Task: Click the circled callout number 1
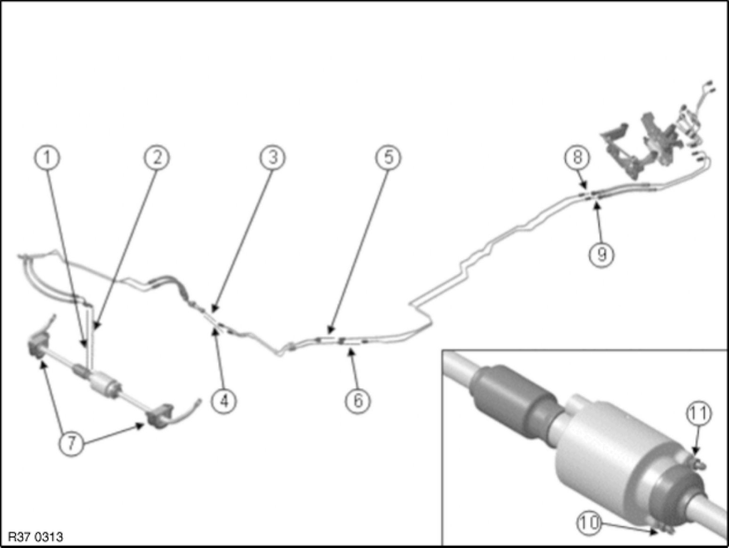[47, 158]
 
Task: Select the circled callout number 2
[157, 158]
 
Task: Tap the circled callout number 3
[272, 158]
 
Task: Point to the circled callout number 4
[224, 401]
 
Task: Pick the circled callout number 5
[388, 158]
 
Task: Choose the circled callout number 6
[358, 401]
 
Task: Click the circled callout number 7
[71, 443]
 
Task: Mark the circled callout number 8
[578, 157]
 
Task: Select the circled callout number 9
[602, 255]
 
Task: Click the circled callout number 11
[698, 414]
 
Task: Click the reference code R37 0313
[35, 537]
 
